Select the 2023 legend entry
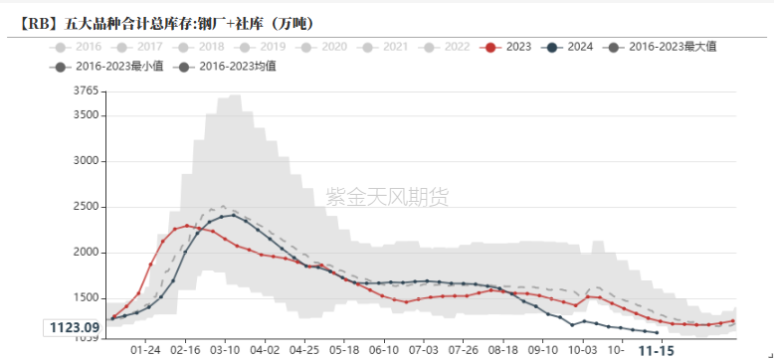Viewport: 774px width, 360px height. tap(507, 46)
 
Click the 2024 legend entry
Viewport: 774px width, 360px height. tap(570, 46)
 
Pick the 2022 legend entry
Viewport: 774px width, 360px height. tap(447, 46)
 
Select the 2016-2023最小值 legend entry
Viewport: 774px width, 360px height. tap(105, 67)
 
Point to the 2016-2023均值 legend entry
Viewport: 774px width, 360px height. tap(229, 67)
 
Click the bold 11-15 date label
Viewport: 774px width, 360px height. tap(656, 350)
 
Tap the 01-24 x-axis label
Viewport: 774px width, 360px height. tap(146, 350)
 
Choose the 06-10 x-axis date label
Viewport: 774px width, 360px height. tap(384, 350)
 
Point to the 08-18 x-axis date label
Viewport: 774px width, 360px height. tap(503, 350)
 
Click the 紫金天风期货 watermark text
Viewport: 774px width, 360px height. tap(388, 196)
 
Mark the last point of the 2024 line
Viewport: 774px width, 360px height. tap(656, 332)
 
